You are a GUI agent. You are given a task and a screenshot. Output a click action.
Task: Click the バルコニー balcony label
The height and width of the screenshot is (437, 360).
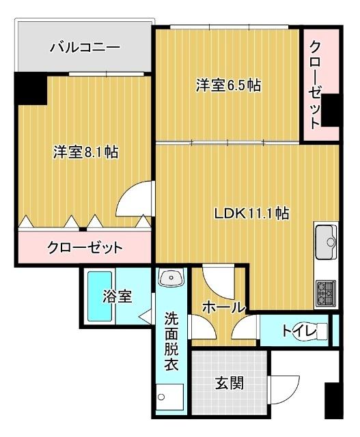(x=85, y=48)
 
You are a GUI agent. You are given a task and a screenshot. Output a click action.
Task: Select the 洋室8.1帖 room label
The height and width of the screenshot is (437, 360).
(x=85, y=152)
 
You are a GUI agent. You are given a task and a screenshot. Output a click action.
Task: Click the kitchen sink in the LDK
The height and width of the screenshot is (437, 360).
(x=327, y=242)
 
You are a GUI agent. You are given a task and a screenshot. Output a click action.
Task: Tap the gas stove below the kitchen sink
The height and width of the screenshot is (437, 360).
(x=326, y=293)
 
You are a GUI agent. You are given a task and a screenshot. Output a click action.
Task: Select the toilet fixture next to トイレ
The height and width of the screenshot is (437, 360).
(x=322, y=331)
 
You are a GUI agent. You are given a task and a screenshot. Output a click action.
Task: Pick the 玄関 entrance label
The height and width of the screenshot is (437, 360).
(x=230, y=383)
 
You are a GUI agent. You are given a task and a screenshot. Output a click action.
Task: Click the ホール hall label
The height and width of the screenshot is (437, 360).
(x=223, y=308)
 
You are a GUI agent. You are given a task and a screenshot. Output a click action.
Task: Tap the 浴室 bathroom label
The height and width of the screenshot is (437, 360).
(x=117, y=296)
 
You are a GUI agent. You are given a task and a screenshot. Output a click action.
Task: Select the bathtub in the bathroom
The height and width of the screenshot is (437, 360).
(x=100, y=296)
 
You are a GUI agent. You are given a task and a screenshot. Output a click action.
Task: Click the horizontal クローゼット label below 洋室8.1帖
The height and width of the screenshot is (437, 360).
(x=84, y=246)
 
